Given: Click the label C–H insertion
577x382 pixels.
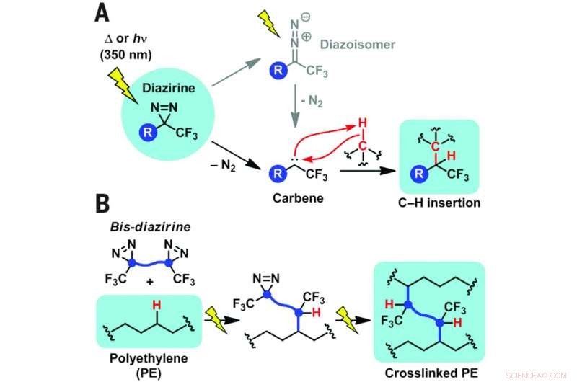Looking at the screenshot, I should pyautogui.click(x=440, y=204).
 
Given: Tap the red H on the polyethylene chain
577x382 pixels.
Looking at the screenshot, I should pyautogui.click(x=154, y=307).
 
